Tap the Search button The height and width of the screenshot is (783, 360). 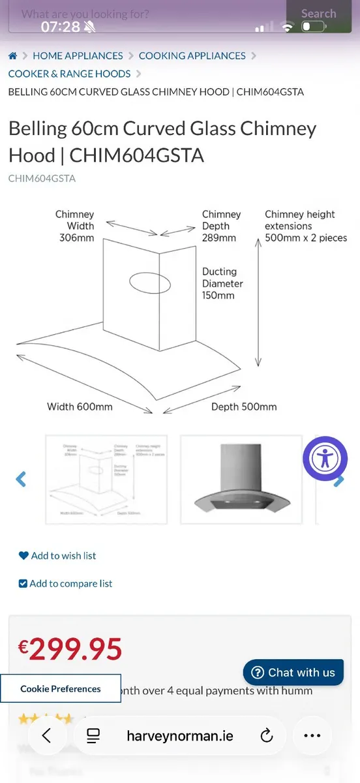pos(319,14)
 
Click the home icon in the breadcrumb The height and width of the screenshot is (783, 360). pos(13,56)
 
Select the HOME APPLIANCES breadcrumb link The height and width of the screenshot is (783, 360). pos(78,56)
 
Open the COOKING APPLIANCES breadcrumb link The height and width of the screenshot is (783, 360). pos(192,56)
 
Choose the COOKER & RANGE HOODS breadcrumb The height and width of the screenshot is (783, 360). pos(69,74)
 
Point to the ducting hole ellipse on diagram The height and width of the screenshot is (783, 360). pos(150,283)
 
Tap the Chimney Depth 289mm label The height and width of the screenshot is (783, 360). pos(220,226)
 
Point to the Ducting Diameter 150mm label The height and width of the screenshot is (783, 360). pos(222,283)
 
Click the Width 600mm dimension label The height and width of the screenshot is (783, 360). pos(80,407)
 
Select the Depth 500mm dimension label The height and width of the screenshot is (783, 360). pos(244,407)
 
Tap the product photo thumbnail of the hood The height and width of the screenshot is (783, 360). pos(241,480)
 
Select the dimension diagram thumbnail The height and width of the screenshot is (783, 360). pos(106,480)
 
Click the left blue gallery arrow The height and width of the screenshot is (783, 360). pos(21,480)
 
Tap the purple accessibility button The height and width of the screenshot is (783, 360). pos(325,459)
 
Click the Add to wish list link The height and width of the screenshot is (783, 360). pos(63,556)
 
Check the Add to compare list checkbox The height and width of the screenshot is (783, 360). pos(23,584)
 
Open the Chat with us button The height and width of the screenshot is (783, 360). pos(293,672)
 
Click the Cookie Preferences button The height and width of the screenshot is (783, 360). pos(60,688)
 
